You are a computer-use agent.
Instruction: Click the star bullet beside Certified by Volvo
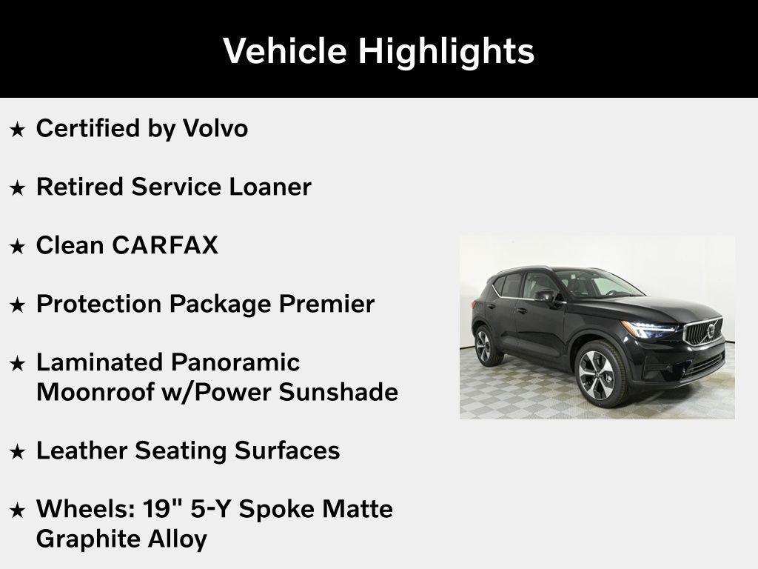click(18, 130)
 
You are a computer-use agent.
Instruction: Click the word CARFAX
click(165, 245)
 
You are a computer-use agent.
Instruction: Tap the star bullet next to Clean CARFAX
click(18, 247)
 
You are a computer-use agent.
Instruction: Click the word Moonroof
click(95, 392)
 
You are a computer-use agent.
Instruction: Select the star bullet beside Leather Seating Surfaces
click(18, 452)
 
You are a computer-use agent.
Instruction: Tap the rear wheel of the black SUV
click(484, 345)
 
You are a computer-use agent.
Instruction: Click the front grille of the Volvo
click(704, 330)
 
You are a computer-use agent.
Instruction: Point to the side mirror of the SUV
click(546, 296)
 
